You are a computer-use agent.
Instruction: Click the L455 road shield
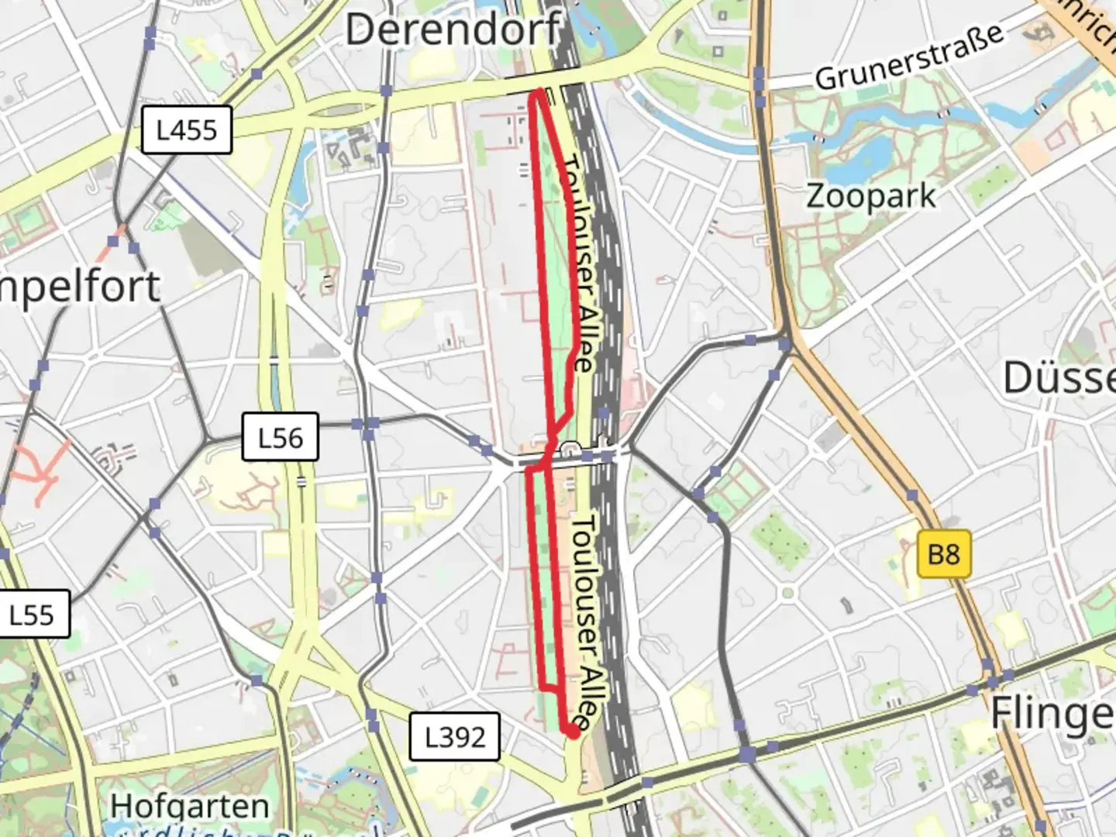tap(187, 129)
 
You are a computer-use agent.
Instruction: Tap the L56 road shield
tap(280, 438)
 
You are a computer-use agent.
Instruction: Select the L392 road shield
tap(455, 736)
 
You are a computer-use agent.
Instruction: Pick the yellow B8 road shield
tap(943, 554)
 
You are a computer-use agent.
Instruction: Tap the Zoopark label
tap(871, 196)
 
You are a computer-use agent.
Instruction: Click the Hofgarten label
tap(190, 806)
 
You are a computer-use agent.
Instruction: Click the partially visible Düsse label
tap(1059, 378)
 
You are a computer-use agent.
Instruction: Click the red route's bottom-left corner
tap(540, 687)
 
